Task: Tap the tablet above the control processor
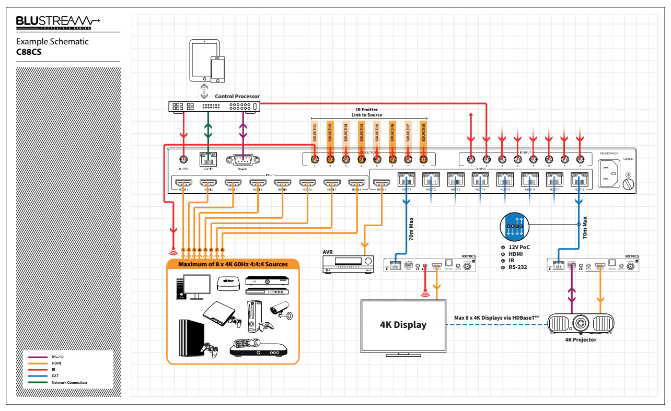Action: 201,60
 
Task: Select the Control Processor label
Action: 237,97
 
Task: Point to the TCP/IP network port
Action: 208,159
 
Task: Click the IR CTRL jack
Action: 183,159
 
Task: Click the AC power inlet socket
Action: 607,173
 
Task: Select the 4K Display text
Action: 403,325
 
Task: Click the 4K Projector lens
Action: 581,323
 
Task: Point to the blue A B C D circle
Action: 515,226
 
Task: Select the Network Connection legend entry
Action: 69,382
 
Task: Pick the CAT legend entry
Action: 55,376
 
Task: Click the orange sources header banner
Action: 233,264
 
